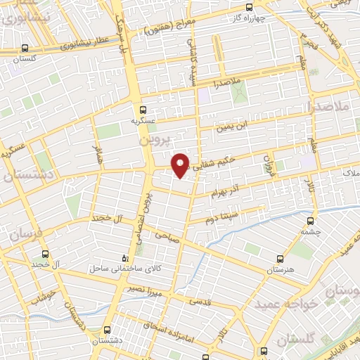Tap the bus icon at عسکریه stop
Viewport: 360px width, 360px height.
pos(143,110)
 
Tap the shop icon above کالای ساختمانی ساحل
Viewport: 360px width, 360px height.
pos(125,257)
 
